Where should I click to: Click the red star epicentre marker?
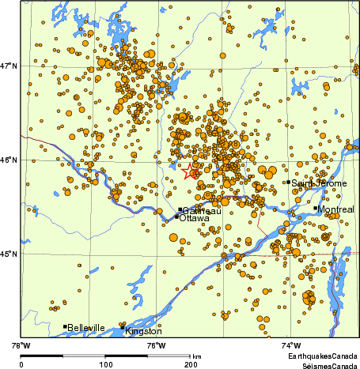(191, 171)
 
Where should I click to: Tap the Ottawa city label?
(194, 218)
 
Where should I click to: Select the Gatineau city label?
(199, 210)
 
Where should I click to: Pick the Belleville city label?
(86, 327)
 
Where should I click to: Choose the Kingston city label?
(142, 331)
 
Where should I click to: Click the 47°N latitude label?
(8, 66)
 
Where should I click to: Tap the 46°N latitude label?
(8, 160)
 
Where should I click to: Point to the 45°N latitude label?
(8, 254)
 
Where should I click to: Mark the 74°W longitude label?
(291, 345)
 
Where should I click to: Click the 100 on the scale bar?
(105, 364)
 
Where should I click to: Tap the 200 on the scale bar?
(189, 364)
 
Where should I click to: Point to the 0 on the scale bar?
(21, 364)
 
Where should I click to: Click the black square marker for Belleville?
(64, 326)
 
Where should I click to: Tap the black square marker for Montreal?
(316, 209)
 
